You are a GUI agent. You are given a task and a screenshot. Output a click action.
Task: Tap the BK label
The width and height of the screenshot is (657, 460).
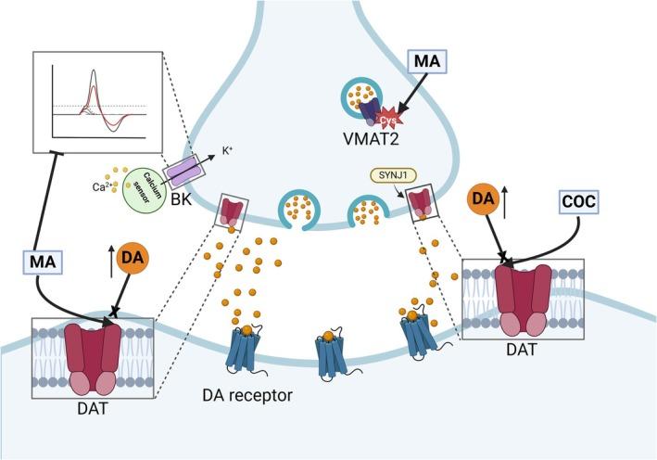click(179, 194)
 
